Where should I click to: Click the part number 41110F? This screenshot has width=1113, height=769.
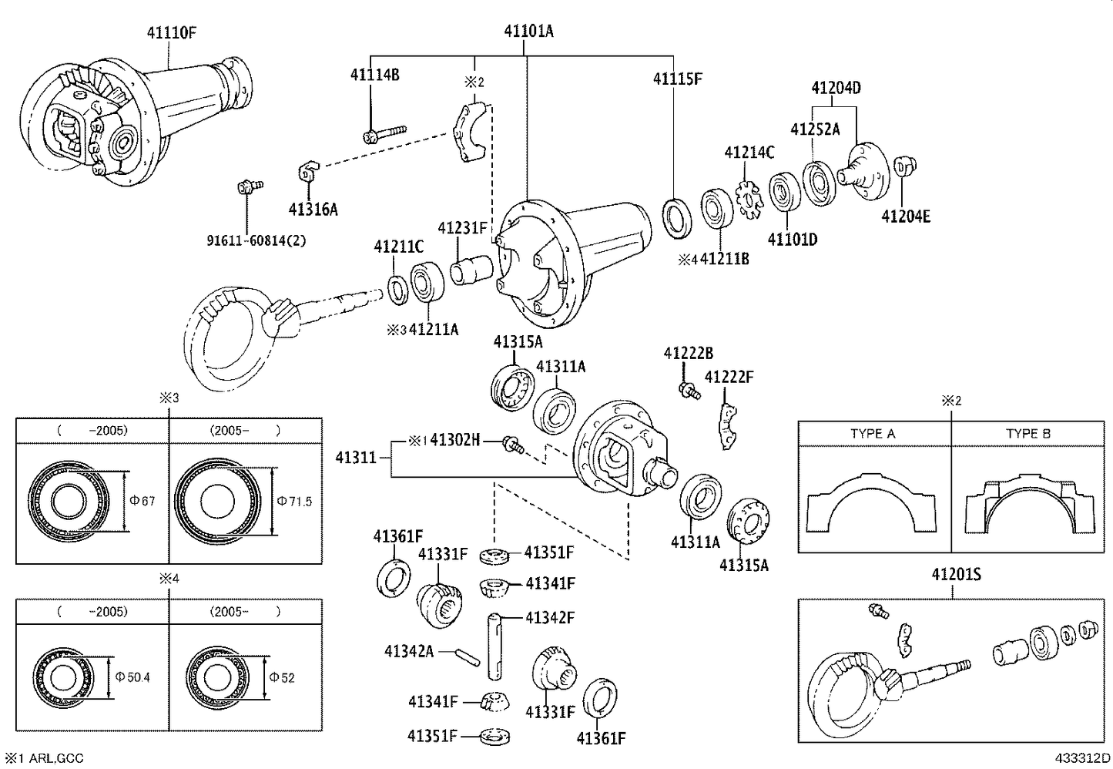pyautogui.click(x=172, y=32)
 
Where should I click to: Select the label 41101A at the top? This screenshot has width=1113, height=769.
pyautogui.click(x=528, y=32)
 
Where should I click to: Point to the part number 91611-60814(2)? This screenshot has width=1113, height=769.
pyautogui.click(x=256, y=240)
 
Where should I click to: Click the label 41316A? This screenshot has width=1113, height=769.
pyautogui.click(x=313, y=209)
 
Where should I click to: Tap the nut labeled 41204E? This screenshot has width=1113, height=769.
pyautogui.click(x=903, y=166)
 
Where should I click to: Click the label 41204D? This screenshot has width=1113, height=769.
pyautogui.click(x=836, y=87)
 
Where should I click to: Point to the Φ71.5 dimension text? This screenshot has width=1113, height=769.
pyautogui.click(x=295, y=502)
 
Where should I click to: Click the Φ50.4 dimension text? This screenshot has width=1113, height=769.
pyautogui.click(x=132, y=677)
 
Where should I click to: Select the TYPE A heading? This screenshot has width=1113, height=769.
pyautogui.click(x=873, y=433)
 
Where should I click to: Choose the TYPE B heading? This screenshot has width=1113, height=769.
pyautogui.click(x=1028, y=433)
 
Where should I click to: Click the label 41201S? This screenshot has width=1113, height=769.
pyautogui.click(x=956, y=575)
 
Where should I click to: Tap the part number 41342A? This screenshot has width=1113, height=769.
pyautogui.click(x=409, y=652)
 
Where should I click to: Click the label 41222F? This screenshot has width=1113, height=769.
pyautogui.click(x=729, y=377)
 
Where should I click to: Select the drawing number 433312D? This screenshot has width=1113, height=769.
pyautogui.click(x=1082, y=758)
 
